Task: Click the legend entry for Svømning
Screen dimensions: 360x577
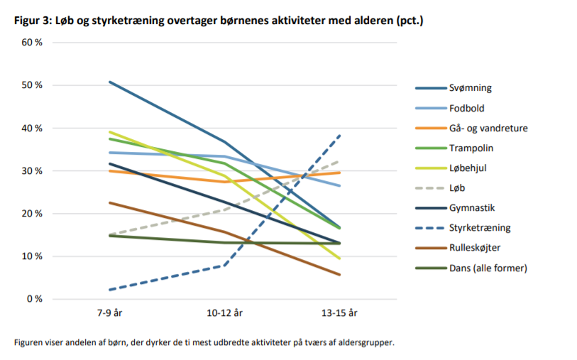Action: tap(470, 88)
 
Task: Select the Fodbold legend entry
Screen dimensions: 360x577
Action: tap(466, 108)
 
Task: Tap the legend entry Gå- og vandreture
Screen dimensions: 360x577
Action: tap(488, 128)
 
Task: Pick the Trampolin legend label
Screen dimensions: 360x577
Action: tap(471, 148)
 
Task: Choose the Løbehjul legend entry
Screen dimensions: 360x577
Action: tap(468, 168)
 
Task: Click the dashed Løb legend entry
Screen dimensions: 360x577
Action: tap(458, 187)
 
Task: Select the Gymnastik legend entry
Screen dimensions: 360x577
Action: tap(471, 207)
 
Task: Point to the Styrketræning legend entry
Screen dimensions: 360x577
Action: tap(478, 227)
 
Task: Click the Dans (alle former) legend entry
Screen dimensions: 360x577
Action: tap(488, 267)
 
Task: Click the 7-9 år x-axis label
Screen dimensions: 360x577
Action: tap(110, 313)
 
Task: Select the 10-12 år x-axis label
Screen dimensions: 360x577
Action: tap(225, 313)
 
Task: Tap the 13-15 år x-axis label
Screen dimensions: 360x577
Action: tap(340, 313)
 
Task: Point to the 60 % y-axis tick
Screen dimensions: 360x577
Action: tap(33, 43)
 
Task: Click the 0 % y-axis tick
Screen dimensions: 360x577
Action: tap(34, 299)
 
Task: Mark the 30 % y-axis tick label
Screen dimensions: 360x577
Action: tap(33, 171)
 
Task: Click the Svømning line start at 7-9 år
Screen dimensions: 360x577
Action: tap(110, 82)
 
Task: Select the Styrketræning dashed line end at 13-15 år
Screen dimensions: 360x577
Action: tap(340, 135)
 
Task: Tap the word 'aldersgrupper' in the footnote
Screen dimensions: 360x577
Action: tap(366, 342)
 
